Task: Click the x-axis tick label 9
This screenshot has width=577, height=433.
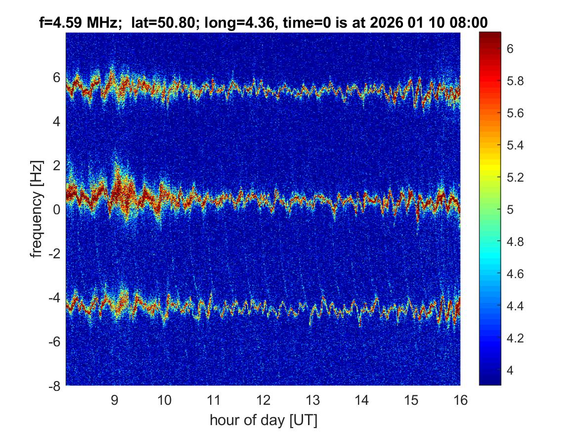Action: (x=114, y=400)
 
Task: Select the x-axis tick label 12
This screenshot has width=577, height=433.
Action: (x=263, y=400)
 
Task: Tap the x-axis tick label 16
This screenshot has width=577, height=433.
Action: (x=460, y=400)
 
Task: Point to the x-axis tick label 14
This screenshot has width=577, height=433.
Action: (x=361, y=400)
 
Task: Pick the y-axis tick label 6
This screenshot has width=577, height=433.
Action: (x=57, y=78)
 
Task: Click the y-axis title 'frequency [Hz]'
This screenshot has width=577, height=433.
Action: (x=36, y=209)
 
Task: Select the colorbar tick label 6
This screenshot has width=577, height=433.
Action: (x=510, y=48)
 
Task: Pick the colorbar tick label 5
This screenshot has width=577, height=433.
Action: (x=510, y=209)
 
